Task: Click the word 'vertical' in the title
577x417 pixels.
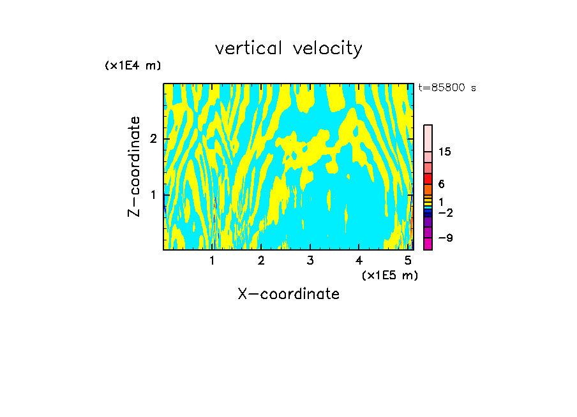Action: click(248, 48)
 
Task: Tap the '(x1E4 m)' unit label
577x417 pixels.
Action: click(133, 66)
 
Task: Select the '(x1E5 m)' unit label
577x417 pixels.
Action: click(389, 275)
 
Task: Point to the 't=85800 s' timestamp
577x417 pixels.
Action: click(447, 88)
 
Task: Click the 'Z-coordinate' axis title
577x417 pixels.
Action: click(134, 166)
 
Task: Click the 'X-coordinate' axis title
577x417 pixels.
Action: click(288, 294)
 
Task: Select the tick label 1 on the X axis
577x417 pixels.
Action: click(213, 261)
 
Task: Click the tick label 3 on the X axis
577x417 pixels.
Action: click(310, 261)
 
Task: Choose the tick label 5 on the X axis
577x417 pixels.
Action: click(408, 261)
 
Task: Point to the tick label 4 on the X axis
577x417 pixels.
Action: click(359, 261)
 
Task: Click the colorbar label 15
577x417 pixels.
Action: click(445, 152)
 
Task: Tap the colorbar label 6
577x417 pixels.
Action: click(441, 184)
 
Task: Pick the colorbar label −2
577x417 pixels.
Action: click(445, 212)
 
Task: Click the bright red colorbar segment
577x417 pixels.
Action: click(428, 179)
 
